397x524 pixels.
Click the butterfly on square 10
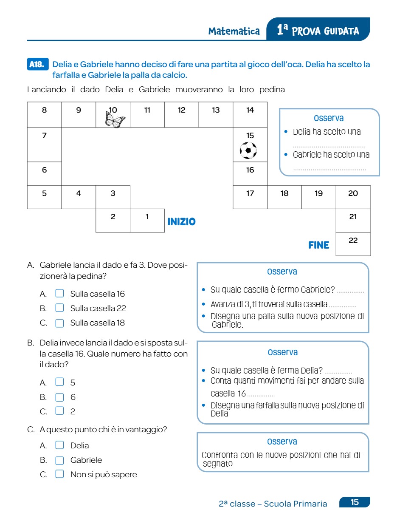tap(115, 121)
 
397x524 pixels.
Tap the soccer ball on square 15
tap(248, 150)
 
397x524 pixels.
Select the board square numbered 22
tap(353, 244)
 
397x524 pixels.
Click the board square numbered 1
tap(147, 220)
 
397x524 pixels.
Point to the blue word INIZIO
tap(181, 222)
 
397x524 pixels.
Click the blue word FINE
tap(318, 245)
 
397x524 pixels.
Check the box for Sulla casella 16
tap(60, 294)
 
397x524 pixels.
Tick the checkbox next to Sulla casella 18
tap(60, 323)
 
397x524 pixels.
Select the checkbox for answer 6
tap(60, 397)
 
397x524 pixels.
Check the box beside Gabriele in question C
tap(60, 460)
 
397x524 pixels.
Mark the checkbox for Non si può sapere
tap(60, 475)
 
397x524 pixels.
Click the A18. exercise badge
tap(37, 65)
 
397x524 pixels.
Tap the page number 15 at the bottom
tap(355, 502)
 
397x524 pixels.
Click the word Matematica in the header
tap(234, 31)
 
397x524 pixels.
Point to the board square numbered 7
tap(45, 144)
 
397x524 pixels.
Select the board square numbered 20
tap(353, 197)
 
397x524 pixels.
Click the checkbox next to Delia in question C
tap(60, 445)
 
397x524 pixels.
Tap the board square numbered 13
tap(216, 114)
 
